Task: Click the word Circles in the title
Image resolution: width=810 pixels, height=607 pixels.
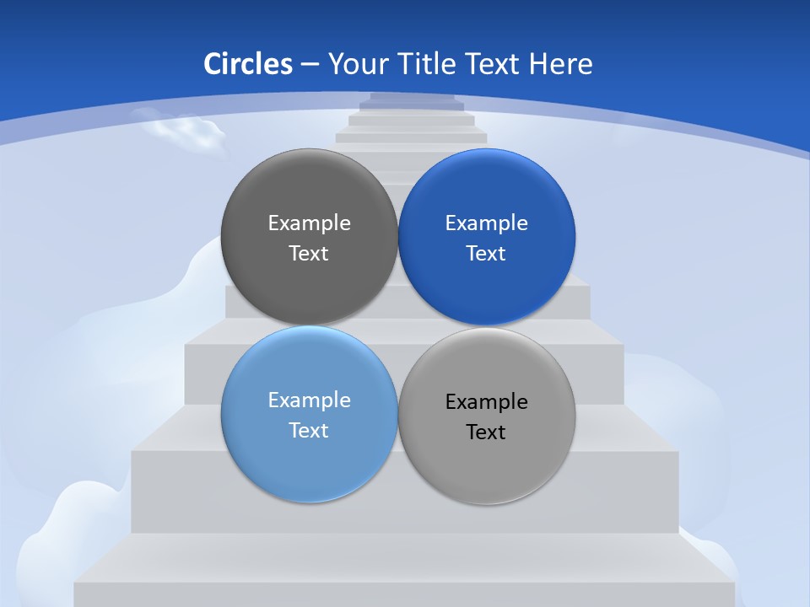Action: click(248, 64)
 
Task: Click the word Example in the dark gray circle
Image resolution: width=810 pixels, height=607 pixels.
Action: click(309, 223)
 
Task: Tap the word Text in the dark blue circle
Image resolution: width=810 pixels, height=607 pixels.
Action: click(486, 253)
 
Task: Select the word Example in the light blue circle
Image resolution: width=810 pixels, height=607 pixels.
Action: click(309, 400)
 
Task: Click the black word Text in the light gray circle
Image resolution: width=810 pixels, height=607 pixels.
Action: click(486, 432)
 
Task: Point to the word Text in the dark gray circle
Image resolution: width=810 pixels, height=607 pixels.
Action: click(309, 253)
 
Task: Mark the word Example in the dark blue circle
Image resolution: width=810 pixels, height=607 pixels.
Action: click(486, 223)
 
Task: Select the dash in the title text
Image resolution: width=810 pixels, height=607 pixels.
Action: click(310, 65)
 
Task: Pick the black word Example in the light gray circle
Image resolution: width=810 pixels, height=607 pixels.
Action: click(486, 401)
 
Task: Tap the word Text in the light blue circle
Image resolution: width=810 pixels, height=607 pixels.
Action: click(309, 430)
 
